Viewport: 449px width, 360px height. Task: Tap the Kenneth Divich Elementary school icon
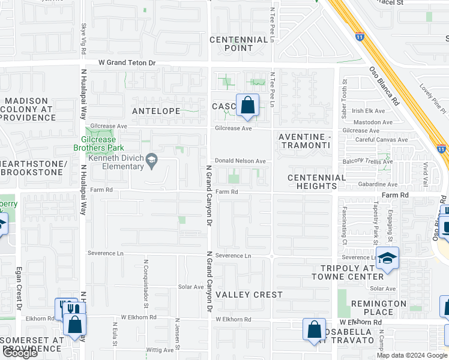152,158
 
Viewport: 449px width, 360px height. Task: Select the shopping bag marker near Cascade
247,106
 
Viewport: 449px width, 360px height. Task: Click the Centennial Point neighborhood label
239,44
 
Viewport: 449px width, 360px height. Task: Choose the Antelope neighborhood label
156,111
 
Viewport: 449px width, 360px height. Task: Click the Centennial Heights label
316,182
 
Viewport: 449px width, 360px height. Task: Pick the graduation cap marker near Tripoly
387,259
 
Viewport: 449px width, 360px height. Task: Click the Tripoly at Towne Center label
347,272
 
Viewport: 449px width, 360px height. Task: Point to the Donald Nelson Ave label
240,161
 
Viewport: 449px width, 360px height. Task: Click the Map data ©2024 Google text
411,355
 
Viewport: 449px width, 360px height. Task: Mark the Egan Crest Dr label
19,288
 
